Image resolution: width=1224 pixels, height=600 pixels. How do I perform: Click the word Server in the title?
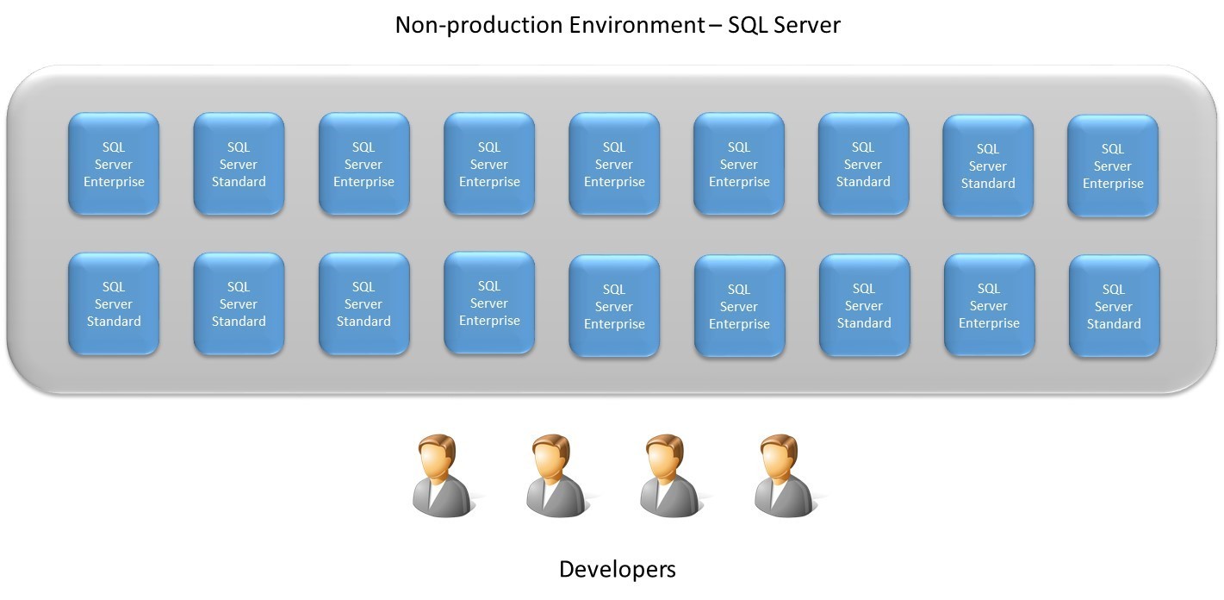coord(807,25)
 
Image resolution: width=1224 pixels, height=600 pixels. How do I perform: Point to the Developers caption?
coord(617,569)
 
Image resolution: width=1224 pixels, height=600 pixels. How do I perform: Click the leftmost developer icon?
coord(442,476)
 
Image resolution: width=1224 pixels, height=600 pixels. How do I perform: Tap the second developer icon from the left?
coord(556,476)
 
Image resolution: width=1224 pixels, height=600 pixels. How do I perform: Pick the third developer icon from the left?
coord(669,476)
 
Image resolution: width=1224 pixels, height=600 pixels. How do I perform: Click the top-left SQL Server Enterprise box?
coord(114,164)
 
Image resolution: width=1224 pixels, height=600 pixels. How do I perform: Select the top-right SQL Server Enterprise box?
coord(1113,166)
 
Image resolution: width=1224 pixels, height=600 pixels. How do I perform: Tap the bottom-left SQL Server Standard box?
coord(114,303)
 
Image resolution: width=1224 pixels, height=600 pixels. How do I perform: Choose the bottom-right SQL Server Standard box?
coord(1114,306)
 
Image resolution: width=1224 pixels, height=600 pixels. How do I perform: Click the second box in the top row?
coord(239,164)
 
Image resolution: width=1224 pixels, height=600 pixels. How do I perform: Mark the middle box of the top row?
coord(614,164)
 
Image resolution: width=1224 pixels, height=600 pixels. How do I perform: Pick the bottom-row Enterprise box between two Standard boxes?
coord(989,305)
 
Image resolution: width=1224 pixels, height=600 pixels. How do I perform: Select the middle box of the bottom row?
coord(614,305)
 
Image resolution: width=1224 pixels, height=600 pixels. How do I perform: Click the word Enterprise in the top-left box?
coord(114,182)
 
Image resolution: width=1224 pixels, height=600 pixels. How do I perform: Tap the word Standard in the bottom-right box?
coord(1114,324)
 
